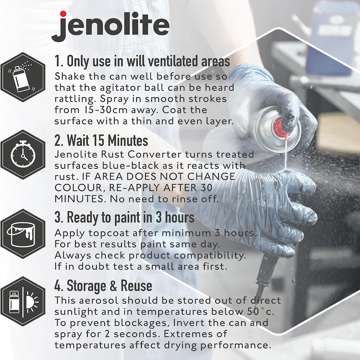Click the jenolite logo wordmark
110,25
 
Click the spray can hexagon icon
23,77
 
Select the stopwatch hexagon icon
23,154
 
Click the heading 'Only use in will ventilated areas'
142,61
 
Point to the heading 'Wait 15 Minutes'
101,141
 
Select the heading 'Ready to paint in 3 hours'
124,217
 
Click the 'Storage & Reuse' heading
103,286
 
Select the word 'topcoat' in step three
103,233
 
